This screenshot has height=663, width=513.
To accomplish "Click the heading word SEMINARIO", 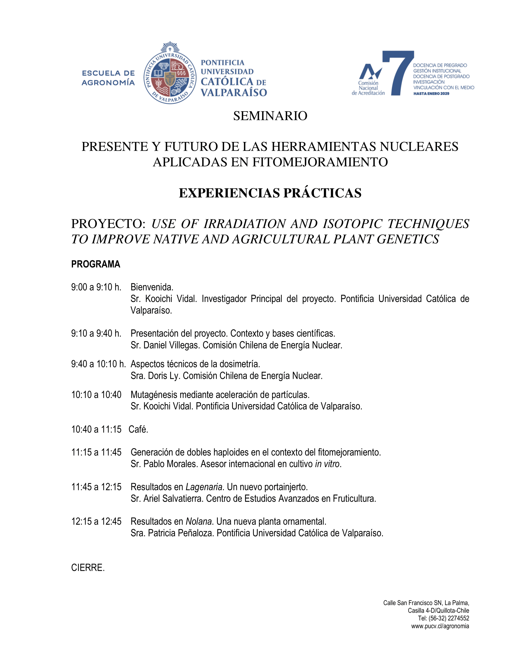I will pos(270,116).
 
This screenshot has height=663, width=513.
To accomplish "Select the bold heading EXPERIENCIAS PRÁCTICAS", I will pos(270,193).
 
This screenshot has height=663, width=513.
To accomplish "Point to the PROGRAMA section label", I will pos(96,264).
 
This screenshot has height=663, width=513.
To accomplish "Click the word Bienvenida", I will pos(152,287).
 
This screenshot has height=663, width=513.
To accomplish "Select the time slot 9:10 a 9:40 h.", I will pos(96,333).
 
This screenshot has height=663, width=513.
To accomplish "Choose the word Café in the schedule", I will pos(138,429).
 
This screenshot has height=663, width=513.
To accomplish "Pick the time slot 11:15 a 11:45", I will pos(96,452).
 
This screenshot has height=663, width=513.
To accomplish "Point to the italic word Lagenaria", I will pos(204,487).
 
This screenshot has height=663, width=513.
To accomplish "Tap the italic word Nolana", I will pos(199,521).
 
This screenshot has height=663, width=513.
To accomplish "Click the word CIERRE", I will pos(88,568).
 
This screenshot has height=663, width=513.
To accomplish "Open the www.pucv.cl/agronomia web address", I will pos(440,626).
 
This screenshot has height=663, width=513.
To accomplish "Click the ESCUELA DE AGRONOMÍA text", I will pos(108,78).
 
